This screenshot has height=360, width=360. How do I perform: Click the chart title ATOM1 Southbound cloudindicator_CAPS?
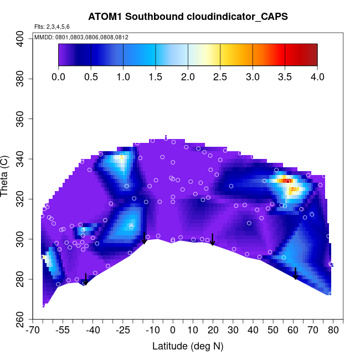click(x=188, y=17)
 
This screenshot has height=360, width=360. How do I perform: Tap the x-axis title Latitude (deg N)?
click(x=188, y=346)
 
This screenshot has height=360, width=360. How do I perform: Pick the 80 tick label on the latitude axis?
click(x=333, y=331)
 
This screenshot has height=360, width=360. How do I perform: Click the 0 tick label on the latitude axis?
click(x=172, y=331)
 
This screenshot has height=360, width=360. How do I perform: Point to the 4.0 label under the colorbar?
click(x=317, y=76)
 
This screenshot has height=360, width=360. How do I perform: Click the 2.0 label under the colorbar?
click(x=188, y=76)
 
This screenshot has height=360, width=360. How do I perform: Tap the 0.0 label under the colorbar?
click(x=58, y=76)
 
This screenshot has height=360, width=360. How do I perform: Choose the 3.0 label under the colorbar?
click(x=253, y=76)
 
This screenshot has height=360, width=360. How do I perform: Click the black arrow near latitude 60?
click(x=296, y=274)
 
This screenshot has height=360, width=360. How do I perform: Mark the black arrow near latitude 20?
click(x=212, y=239)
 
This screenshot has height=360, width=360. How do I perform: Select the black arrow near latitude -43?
click(x=85, y=279)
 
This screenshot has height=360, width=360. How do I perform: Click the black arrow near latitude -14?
click(x=144, y=238)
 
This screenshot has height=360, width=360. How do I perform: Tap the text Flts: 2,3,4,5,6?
click(x=52, y=27)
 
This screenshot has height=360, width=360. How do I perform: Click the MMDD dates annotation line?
click(x=81, y=37)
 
